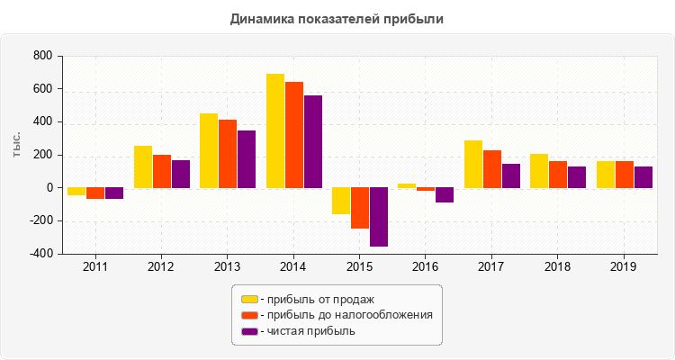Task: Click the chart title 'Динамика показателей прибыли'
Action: point(337,18)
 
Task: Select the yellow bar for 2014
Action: point(275,130)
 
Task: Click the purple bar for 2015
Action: point(379,217)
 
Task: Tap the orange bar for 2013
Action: point(228,154)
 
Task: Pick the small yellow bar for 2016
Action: point(407,185)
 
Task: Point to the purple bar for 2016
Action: point(445,195)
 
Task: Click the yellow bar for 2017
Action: point(473,164)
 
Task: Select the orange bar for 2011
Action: point(95,193)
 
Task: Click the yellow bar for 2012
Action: point(143,166)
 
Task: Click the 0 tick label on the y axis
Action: point(50,188)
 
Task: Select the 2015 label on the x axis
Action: point(359,267)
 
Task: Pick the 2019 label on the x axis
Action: point(624,267)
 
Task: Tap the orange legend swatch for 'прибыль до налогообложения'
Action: point(249,315)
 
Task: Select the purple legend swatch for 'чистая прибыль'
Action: point(249,331)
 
